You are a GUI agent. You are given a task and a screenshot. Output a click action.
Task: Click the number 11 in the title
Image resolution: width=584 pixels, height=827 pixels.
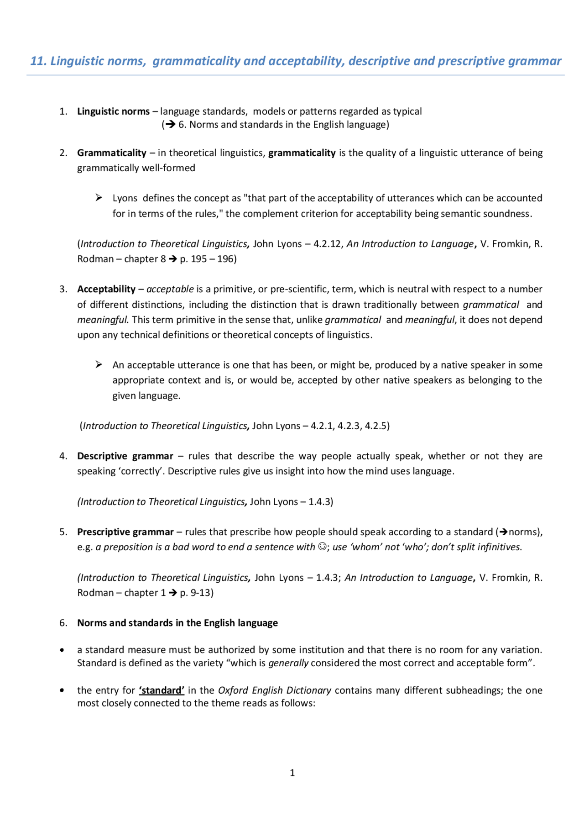(x=37, y=61)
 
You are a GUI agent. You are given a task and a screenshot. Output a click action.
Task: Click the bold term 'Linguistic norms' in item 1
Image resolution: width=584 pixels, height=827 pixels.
(x=113, y=111)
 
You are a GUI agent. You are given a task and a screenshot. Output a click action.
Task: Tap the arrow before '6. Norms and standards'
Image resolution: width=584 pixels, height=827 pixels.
(x=171, y=125)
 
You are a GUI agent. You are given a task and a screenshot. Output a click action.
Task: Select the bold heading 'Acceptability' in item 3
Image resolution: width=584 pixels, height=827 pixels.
(x=106, y=289)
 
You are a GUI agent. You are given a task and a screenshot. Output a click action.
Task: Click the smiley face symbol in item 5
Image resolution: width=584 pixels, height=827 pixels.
(x=322, y=547)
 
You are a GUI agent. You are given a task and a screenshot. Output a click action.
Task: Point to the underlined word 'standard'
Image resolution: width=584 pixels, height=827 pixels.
(x=162, y=690)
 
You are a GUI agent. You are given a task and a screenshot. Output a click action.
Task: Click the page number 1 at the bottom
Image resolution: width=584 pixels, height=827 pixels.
(x=292, y=773)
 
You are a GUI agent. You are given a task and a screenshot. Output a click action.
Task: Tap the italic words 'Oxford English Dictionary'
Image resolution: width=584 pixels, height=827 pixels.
(x=275, y=690)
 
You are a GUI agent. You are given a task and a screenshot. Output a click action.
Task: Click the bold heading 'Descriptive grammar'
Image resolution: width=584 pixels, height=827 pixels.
(x=125, y=456)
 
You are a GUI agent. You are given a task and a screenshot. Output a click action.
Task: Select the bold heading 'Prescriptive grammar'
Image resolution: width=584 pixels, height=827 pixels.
(x=125, y=532)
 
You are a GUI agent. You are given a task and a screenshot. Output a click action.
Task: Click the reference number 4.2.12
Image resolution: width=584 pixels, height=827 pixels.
(x=327, y=244)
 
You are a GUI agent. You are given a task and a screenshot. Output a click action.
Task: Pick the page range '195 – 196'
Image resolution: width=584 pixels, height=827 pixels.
(x=212, y=259)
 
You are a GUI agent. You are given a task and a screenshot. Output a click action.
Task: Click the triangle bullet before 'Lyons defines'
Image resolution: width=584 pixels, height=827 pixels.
(x=99, y=197)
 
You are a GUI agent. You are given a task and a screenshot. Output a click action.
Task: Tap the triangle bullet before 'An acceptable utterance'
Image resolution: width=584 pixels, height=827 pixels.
(x=99, y=364)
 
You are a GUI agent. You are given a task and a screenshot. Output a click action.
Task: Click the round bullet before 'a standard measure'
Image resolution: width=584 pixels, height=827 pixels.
(x=62, y=650)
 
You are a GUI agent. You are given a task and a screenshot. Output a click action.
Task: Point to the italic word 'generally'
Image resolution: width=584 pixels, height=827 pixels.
(x=288, y=663)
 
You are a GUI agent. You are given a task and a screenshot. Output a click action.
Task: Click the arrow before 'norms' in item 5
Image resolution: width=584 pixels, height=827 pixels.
(x=503, y=532)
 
